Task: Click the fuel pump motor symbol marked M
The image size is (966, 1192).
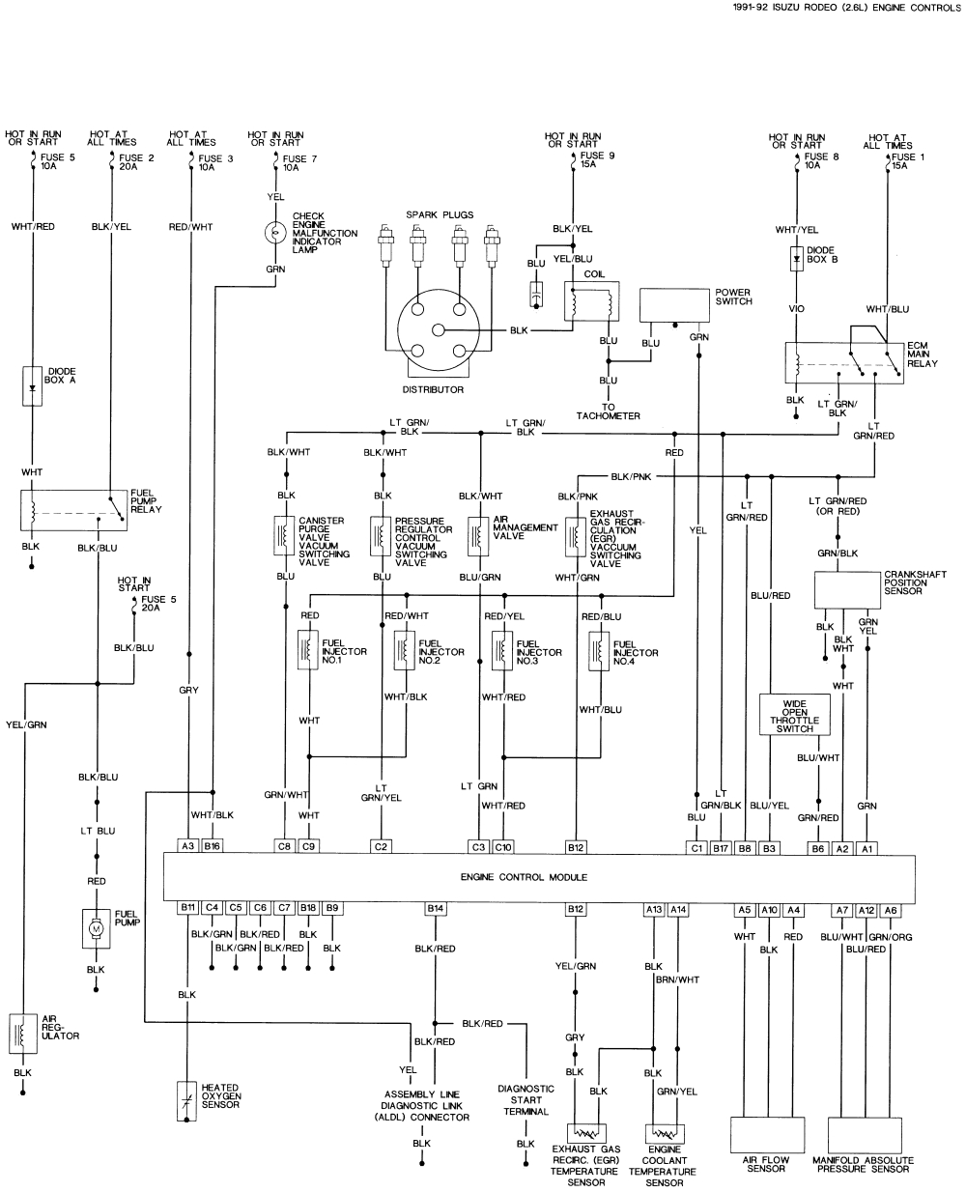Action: pos(96,928)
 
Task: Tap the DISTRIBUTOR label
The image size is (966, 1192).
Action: pos(433,389)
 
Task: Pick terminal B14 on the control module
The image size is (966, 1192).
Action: pos(435,908)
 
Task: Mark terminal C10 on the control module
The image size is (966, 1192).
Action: pos(502,846)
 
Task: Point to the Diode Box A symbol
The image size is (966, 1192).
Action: pos(33,385)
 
